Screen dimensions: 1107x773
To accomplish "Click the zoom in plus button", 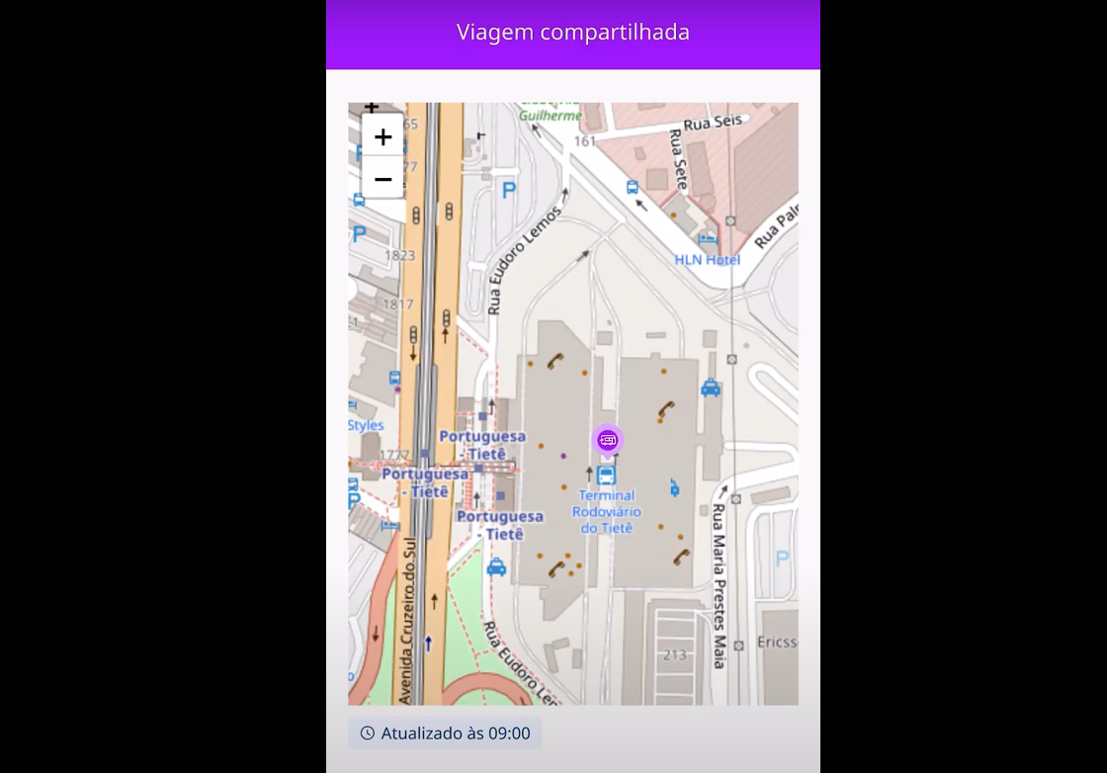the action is point(383,137).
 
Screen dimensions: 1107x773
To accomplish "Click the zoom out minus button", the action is point(383,179).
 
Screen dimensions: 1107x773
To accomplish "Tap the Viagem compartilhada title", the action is point(572,33).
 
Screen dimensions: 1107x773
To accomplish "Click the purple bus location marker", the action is point(608,441).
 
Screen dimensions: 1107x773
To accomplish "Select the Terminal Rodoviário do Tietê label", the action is point(607,511).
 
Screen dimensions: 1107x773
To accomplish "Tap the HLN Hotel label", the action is point(707,259).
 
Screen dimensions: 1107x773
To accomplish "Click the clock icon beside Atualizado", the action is point(368,733).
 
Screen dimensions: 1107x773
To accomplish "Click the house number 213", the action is point(675,654).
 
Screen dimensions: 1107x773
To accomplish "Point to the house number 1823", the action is point(399,255).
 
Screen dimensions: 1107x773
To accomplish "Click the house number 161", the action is point(585,141).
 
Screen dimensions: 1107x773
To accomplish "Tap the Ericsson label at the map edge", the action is point(776,642).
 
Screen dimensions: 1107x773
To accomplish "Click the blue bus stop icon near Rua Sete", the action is point(632,187).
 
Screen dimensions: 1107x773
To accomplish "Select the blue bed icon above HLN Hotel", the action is point(708,239).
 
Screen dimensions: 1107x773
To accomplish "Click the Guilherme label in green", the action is point(551,116).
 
